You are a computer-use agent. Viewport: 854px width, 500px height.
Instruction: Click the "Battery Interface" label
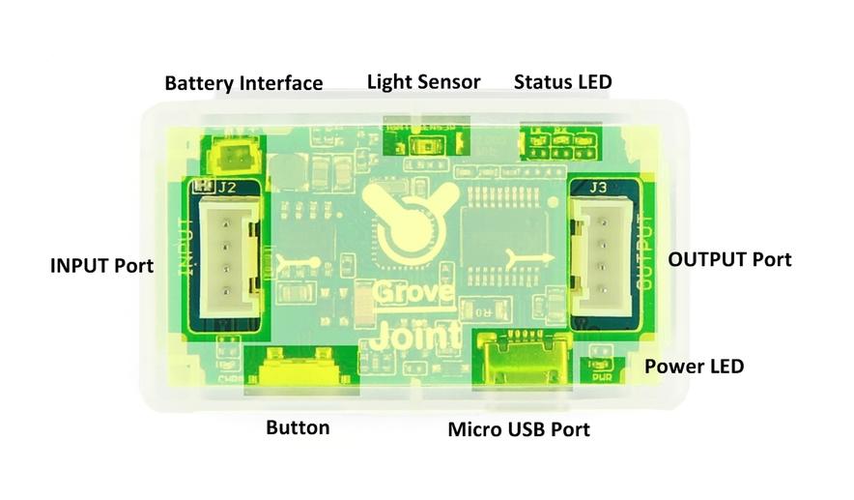[x=243, y=83]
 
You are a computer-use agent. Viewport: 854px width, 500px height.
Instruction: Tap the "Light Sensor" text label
[x=423, y=81]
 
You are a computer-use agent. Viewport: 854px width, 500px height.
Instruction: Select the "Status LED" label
[x=562, y=81]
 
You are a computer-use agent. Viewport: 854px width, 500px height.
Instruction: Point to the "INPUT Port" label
[x=101, y=264]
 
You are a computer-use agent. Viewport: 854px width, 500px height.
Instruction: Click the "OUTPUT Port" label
[x=729, y=259]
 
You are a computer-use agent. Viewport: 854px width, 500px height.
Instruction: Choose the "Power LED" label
[x=694, y=367]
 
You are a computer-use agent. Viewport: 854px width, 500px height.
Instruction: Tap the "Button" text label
[x=298, y=427]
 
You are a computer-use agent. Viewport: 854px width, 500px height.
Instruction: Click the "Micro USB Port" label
[x=519, y=428]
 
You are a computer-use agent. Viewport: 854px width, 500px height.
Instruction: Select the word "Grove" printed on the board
[x=404, y=292]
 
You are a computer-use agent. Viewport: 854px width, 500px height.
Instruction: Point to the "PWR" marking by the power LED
[x=603, y=376]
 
